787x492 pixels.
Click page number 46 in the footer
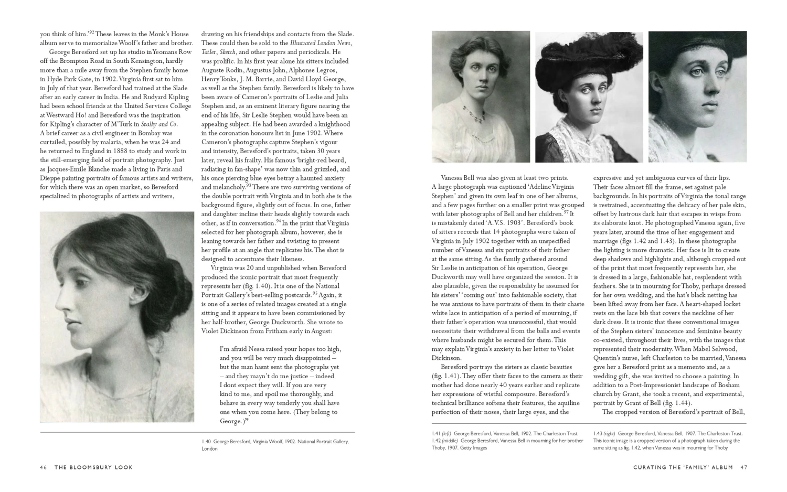click(x=44, y=467)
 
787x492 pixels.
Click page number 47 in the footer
click(x=743, y=467)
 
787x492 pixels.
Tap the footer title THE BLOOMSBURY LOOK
click(x=93, y=467)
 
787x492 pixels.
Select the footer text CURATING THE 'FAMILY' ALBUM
click(x=683, y=467)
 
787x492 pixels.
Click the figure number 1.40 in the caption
click(x=206, y=442)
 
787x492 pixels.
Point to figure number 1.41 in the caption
click(x=436, y=434)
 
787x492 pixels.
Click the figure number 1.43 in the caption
click(x=598, y=434)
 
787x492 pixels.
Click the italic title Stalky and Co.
click(x=159, y=124)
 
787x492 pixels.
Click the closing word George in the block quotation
click(x=230, y=421)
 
